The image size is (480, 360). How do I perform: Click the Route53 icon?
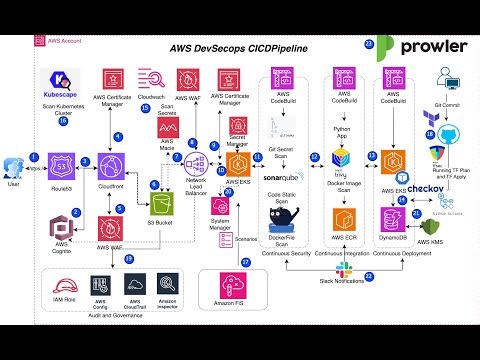(x=62, y=163)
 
